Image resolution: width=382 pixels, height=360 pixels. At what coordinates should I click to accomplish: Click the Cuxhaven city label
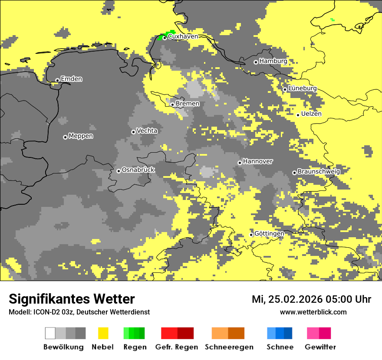point(183,36)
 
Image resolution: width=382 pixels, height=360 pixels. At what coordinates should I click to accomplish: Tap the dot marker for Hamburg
point(256,62)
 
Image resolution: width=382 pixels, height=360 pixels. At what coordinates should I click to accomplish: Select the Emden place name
point(71,79)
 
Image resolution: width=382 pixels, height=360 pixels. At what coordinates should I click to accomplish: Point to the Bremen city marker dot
point(172,105)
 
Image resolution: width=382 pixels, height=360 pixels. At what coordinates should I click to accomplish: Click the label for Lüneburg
point(302,88)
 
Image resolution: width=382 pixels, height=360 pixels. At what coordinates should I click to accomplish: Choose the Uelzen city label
point(311,114)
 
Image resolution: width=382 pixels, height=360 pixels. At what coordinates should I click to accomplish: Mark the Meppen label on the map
point(81,136)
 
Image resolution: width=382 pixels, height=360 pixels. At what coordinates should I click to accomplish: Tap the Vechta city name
point(147,131)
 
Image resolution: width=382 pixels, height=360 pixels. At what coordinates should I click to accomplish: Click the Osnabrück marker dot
point(119,171)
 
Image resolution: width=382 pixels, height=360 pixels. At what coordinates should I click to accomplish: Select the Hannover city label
point(257,161)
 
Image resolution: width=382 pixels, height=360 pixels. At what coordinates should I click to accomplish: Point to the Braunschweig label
point(318,171)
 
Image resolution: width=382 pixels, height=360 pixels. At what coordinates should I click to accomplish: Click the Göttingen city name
point(269,233)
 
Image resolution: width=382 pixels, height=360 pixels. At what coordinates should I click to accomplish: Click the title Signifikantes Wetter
point(72,299)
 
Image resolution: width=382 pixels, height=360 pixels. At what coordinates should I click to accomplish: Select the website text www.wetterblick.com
point(313,312)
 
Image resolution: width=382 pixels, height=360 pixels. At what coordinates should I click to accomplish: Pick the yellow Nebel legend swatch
point(103,333)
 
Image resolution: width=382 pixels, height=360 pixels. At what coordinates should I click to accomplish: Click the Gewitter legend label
point(320,347)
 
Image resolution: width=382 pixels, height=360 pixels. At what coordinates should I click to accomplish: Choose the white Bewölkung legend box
point(50,333)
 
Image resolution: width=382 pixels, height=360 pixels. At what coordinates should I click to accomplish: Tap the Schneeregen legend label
point(229,347)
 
